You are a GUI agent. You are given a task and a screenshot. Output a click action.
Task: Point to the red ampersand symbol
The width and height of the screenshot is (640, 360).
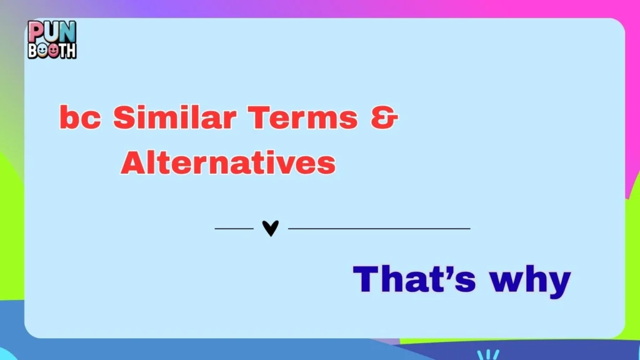384,117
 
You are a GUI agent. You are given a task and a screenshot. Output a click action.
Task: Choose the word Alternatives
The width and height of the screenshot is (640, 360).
228,162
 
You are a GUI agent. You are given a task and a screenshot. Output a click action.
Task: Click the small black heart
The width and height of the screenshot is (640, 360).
270,229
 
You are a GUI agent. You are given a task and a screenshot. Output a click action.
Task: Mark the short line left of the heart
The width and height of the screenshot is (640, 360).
234,229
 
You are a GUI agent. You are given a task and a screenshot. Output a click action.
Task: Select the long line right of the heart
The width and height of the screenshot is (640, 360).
379,229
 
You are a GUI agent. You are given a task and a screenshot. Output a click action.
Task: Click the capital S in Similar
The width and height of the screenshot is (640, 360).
123,117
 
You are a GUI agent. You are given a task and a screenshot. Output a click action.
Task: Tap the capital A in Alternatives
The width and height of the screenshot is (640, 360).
133,162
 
